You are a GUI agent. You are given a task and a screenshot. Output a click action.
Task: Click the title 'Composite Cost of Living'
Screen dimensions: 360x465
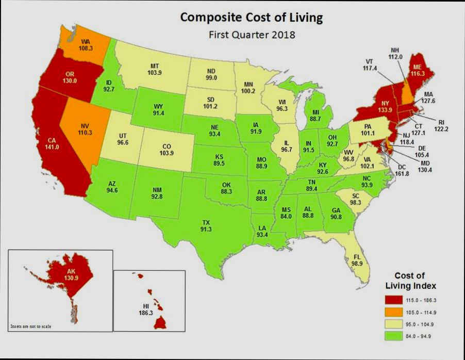point(251,18)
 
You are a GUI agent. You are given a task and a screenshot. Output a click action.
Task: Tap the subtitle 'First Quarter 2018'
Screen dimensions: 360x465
point(252,35)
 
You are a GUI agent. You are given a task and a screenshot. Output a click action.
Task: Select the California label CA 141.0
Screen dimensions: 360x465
point(54,143)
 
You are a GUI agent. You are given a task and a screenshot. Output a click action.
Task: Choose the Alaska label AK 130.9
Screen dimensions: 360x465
point(71,274)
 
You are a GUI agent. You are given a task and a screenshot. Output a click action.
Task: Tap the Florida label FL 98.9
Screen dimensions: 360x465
point(357,260)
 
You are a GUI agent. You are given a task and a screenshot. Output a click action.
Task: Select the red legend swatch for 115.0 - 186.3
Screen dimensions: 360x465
point(393,300)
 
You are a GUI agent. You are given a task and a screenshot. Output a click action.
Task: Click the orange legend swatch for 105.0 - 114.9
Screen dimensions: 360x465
point(393,313)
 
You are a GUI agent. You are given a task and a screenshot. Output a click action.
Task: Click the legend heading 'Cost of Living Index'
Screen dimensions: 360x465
point(411,281)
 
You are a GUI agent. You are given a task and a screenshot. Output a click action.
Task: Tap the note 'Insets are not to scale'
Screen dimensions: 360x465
point(31,326)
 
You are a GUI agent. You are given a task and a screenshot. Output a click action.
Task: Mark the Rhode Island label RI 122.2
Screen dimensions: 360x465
point(441,125)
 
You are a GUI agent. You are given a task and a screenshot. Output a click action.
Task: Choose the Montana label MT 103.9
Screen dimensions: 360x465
point(154,70)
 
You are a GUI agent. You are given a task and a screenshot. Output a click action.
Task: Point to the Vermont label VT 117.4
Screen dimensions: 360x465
point(369,64)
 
